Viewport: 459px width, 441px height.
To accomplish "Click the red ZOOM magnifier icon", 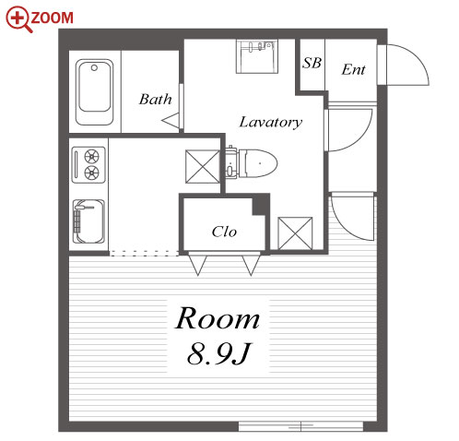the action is pyautogui.click(x=18, y=19).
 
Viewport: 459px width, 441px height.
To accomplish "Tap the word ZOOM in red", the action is pyautogui.click(x=53, y=18).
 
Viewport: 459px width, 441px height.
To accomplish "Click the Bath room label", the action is pyautogui.click(x=155, y=99).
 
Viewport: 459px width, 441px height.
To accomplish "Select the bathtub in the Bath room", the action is pyautogui.click(x=94, y=92).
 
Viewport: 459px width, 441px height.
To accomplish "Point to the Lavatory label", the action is pyautogui.click(x=271, y=122).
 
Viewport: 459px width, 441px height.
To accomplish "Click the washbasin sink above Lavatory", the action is pyautogui.click(x=257, y=56).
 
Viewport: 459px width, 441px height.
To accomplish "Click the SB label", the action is pyautogui.click(x=312, y=63).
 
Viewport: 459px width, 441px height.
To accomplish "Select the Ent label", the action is pyautogui.click(x=353, y=69).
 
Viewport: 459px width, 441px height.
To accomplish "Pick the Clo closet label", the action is pyautogui.click(x=224, y=232).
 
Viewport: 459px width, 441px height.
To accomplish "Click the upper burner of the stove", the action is pyautogui.click(x=91, y=157).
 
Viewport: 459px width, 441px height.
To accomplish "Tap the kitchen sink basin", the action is pyautogui.click(x=88, y=221).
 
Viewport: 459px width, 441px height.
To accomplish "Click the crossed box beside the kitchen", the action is pyautogui.click(x=203, y=166).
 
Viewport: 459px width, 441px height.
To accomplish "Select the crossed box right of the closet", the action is pyautogui.click(x=295, y=233).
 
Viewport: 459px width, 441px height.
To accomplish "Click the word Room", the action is pyautogui.click(x=218, y=318).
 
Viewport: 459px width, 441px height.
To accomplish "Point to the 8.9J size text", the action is pyautogui.click(x=218, y=353).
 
